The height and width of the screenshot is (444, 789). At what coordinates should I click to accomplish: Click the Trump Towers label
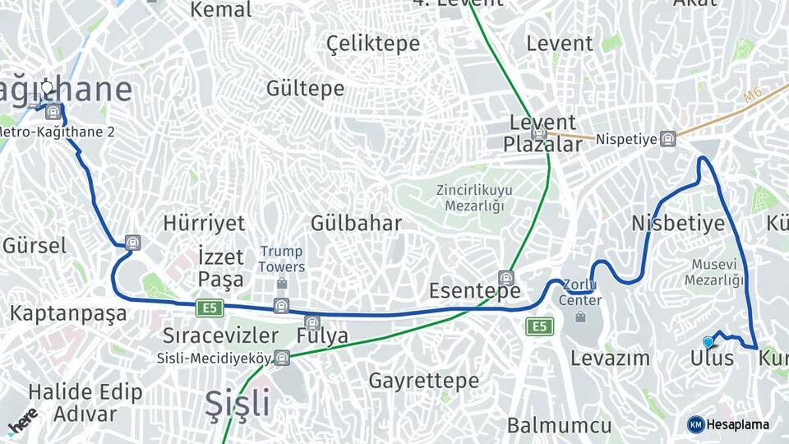pyautogui.click(x=281, y=259)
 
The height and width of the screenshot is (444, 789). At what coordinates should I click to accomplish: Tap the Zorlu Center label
pyautogui.click(x=580, y=293)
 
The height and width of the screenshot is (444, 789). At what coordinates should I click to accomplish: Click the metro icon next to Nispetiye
pyautogui.click(x=668, y=139)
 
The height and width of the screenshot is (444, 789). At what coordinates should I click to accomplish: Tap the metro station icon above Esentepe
pyautogui.click(x=505, y=278)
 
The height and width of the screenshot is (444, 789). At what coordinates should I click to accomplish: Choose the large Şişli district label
pyautogui.click(x=237, y=404)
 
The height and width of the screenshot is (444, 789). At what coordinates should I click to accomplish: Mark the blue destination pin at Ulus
pyautogui.click(x=708, y=342)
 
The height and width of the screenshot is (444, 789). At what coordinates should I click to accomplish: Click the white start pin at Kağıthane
pyautogui.click(x=47, y=87)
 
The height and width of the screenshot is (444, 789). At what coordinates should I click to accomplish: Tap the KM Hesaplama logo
pyautogui.click(x=728, y=424)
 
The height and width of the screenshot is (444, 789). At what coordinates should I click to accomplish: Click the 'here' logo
pyautogui.click(x=22, y=419)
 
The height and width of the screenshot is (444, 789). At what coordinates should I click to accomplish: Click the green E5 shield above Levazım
pyautogui.click(x=539, y=326)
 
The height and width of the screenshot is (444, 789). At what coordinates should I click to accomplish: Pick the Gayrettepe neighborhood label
pyautogui.click(x=423, y=381)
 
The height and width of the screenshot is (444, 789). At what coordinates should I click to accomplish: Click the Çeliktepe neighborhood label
pyautogui.click(x=373, y=44)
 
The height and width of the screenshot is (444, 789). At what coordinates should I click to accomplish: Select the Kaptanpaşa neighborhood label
pyautogui.click(x=68, y=313)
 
